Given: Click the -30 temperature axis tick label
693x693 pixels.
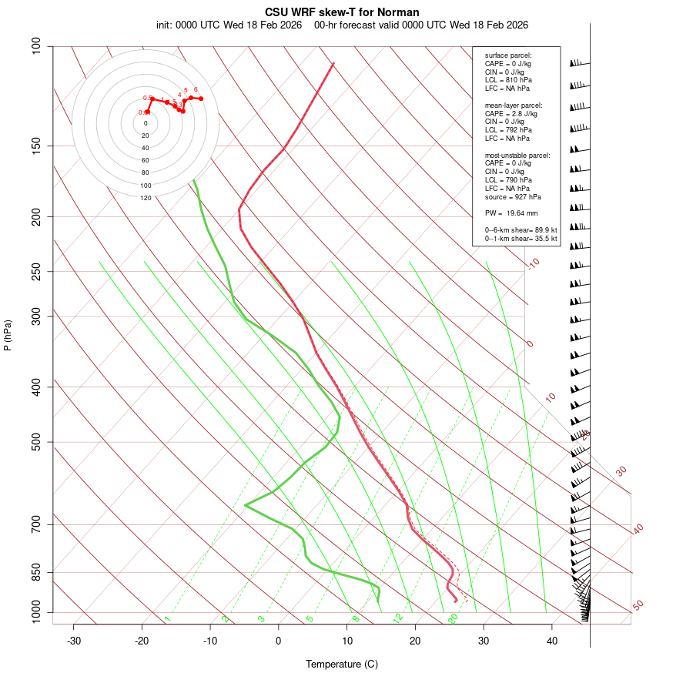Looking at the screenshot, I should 74,641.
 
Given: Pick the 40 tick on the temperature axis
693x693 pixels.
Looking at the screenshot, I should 551,641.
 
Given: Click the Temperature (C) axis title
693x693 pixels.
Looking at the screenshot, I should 341,664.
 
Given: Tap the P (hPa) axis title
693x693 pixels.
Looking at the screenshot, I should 8,335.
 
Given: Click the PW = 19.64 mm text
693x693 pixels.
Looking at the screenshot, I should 511,213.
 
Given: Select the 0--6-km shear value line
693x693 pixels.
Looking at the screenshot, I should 521,229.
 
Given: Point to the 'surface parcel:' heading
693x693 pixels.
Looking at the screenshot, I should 508,55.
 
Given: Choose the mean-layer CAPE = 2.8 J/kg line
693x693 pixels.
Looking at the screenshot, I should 511,113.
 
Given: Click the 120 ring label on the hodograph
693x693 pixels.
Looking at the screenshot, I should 146,198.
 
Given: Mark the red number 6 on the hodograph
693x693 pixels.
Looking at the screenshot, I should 196,89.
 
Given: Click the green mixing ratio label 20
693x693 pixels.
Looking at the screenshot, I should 453,618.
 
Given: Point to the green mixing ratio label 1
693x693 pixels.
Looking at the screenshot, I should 167,619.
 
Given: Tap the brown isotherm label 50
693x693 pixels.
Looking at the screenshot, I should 638,605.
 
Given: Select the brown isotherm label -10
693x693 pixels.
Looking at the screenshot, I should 534,264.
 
